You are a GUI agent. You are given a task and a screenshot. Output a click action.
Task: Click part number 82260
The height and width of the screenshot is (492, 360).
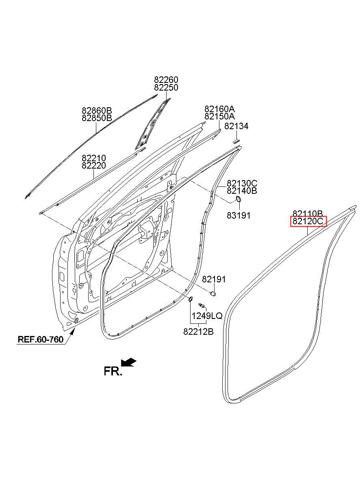point(166,80)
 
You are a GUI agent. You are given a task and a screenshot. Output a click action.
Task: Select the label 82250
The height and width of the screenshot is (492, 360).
point(166,87)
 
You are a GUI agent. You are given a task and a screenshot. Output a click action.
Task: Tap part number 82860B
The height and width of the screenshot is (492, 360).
point(97,110)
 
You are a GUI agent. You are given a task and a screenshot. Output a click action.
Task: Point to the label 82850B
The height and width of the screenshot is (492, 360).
point(97,118)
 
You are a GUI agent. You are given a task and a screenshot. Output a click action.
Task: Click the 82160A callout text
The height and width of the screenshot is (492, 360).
point(219,109)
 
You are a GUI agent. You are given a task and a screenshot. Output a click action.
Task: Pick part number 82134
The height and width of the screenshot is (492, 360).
point(236,126)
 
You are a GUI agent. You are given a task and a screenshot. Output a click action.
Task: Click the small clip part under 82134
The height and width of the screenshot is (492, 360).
point(236,141)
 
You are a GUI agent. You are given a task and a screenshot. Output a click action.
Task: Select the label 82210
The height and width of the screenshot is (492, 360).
point(94,158)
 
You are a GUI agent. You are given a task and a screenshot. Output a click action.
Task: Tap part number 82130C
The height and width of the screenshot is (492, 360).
point(242,183)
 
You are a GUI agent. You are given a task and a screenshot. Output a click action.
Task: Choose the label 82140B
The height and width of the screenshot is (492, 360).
point(242,191)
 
